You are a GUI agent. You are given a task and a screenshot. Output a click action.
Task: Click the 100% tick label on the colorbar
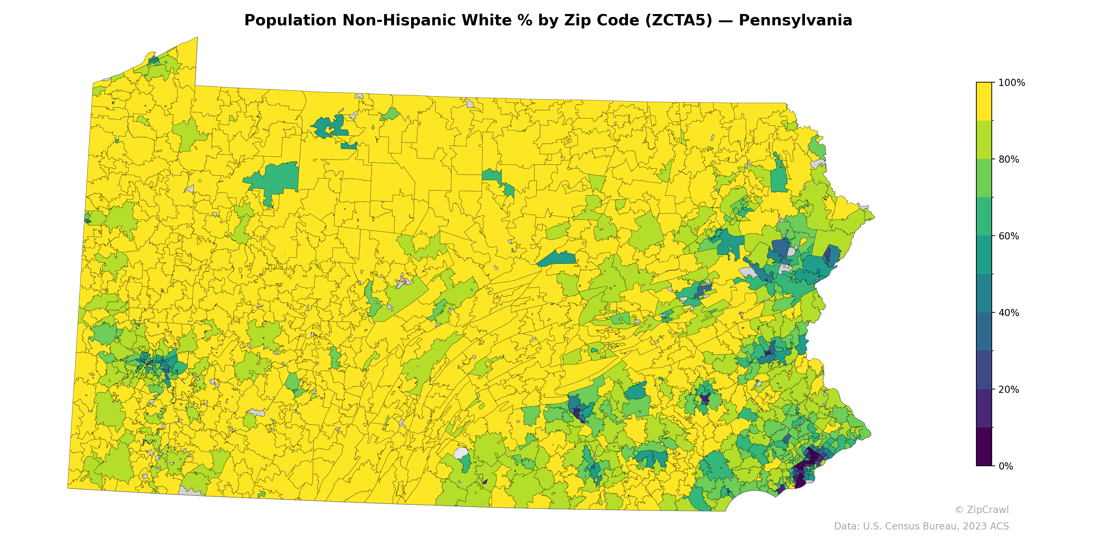pyautogui.click(x=1011, y=83)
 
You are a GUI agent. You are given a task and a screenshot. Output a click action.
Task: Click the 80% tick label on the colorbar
pyautogui.click(x=1009, y=160)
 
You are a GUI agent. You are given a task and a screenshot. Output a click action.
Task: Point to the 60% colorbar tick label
pyautogui.click(x=1009, y=236)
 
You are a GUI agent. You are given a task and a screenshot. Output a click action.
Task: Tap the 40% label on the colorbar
pyautogui.click(x=1009, y=313)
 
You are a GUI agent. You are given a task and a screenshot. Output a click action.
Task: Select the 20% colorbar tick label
pyautogui.click(x=1009, y=389)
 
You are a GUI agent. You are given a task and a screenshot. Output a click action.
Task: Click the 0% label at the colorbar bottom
pyautogui.click(x=1005, y=466)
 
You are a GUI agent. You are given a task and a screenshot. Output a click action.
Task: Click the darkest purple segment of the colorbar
pyautogui.click(x=984, y=447)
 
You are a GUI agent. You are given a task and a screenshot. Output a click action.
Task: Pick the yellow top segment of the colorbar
pyautogui.click(x=984, y=101)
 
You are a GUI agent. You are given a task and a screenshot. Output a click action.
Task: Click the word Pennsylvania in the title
pyautogui.click(x=795, y=21)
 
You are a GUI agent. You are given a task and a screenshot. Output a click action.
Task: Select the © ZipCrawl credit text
pyautogui.click(x=981, y=510)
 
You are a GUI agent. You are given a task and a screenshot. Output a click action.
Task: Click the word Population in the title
pyautogui.click(x=290, y=21)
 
